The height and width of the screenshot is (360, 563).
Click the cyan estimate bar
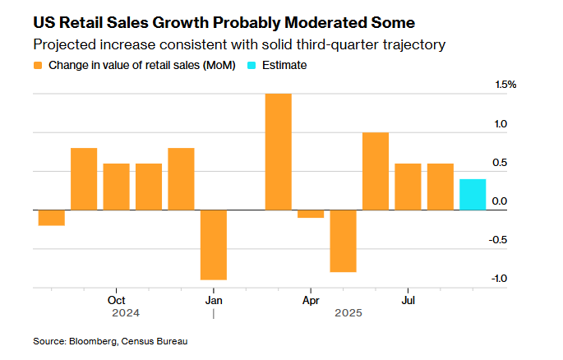coord(472,195)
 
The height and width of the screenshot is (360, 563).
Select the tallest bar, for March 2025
coord(278,152)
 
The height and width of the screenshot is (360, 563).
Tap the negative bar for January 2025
coord(213,245)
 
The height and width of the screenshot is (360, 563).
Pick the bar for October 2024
coord(116,187)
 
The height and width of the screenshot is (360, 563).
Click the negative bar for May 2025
coord(343,241)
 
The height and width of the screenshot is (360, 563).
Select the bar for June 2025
coord(375,171)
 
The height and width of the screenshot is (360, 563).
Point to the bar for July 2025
coord(408,187)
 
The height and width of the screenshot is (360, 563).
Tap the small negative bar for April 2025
coord(311,214)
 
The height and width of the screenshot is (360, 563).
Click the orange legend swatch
coord(39,65)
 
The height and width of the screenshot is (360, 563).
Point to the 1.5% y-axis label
coord(505,85)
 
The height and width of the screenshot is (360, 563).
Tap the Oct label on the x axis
coord(115,299)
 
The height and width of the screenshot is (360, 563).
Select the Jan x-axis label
coord(213,299)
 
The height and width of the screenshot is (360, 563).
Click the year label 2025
coord(348,313)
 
